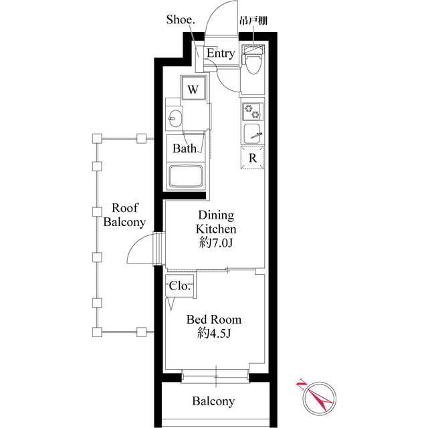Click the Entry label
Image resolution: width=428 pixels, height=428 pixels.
(221, 53)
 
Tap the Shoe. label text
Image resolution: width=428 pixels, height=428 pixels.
(181, 19)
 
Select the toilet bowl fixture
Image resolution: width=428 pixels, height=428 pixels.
(253, 61)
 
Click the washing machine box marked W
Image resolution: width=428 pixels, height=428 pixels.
(193, 88)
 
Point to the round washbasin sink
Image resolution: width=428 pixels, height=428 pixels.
(175, 118)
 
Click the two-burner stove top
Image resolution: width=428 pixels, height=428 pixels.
(253, 112)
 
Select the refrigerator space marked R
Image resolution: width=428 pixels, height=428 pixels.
(253, 158)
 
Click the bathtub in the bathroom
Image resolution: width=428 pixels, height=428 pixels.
(187, 176)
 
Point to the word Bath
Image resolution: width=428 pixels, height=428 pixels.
(185, 148)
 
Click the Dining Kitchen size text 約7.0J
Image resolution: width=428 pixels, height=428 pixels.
(215, 243)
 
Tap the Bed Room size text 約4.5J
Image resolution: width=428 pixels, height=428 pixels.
(214, 333)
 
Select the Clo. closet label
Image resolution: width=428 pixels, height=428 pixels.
(179, 286)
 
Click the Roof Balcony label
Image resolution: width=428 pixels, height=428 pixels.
(124, 215)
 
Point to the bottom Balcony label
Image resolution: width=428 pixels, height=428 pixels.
(213, 401)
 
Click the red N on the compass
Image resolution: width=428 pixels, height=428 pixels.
(301, 385)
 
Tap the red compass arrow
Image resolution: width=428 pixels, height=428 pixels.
(318, 397)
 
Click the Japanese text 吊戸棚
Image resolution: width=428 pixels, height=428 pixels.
(253, 21)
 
